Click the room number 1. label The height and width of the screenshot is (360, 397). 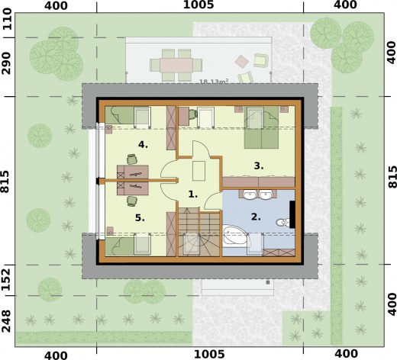point(193,194)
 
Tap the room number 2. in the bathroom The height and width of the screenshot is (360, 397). point(256,217)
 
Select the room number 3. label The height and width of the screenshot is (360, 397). point(259,166)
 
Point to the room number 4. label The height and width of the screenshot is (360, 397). point(143,145)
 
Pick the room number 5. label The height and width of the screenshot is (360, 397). point(140,217)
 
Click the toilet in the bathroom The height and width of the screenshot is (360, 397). point(282,222)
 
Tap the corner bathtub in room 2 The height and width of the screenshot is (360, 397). point(235,236)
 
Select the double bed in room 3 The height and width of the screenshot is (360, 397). point(261,127)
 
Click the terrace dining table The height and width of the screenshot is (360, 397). point(176,65)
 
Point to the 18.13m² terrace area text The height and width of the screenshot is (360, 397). point(214,82)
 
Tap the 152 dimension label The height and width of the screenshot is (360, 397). point(7,280)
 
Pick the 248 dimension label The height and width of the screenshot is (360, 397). point(7,321)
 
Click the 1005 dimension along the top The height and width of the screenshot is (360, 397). point(198,5)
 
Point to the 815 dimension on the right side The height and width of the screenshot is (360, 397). point(392,177)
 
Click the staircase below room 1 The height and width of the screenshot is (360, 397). point(199,232)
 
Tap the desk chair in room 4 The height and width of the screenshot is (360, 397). point(132,159)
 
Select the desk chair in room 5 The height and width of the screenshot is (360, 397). point(132,201)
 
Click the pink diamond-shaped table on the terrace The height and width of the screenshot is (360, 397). point(241,61)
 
